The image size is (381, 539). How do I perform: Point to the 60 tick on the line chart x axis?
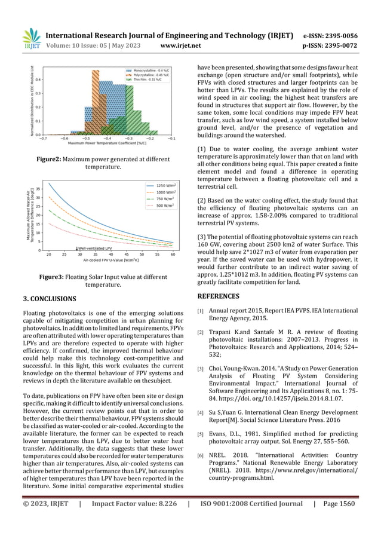coord(173,255)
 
